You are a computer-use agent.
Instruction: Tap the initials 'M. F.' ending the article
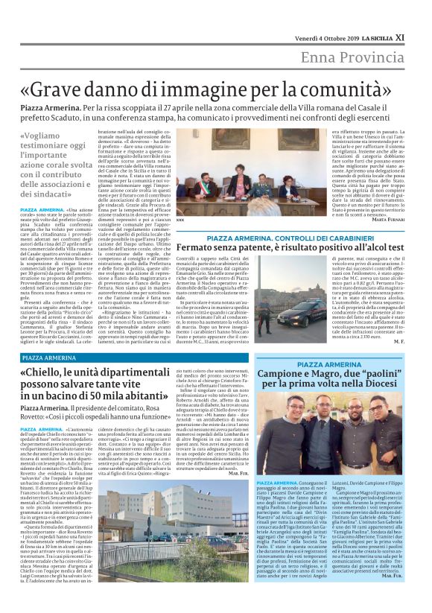tap(398, 340)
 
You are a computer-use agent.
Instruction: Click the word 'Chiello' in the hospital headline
tap(50, 374)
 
